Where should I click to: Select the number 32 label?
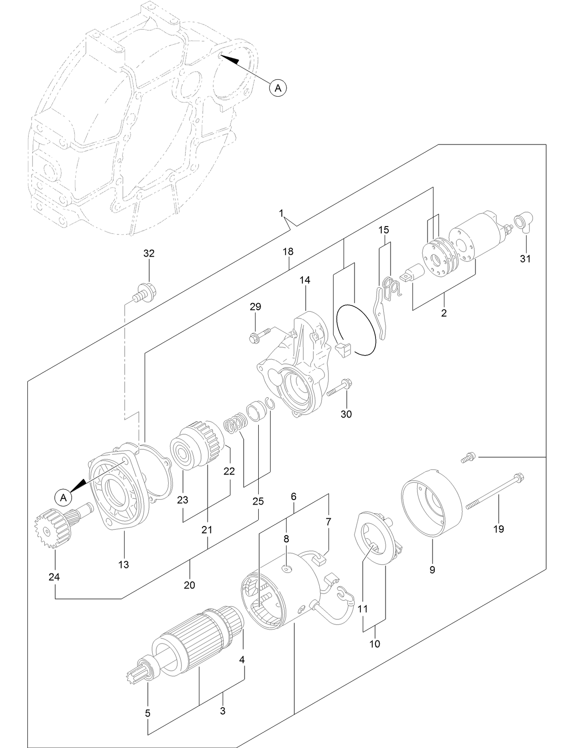[x=149, y=253]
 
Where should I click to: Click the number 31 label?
[x=525, y=259]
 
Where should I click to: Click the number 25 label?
[x=258, y=501]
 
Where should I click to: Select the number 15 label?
[x=384, y=230]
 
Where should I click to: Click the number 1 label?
[x=282, y=213]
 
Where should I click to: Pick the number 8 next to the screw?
[x=287, y=538]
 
